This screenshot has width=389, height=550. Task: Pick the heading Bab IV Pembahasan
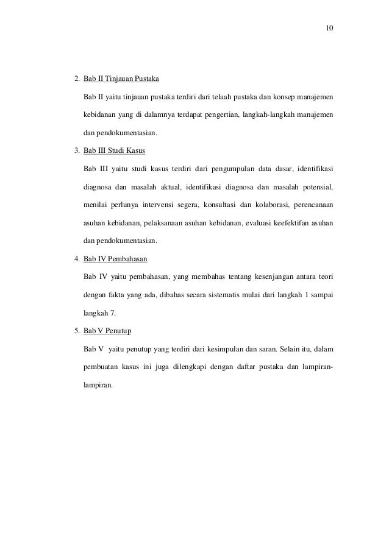pyautogui.click(x=115, y=258)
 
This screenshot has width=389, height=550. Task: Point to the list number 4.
pyautogui.click(x=76, y=258)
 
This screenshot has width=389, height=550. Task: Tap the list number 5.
pyautogui.click(x=76, y=331)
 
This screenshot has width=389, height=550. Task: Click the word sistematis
pyautogui.click(x=220, y=295)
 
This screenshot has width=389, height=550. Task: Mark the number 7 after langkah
pyautogui.click(x=112, y=313)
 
